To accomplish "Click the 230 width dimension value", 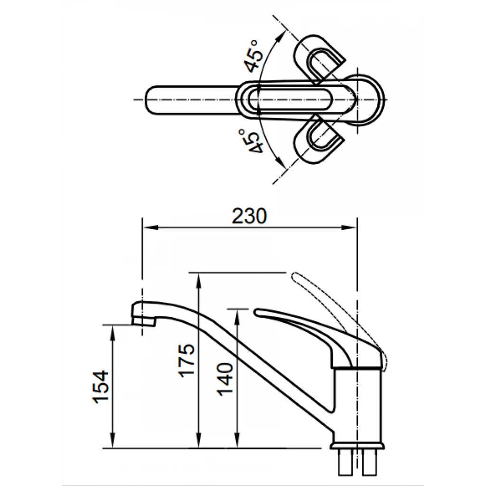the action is (249, 216).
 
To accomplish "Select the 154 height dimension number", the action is (101, 386).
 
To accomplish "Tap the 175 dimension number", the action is (187, 361).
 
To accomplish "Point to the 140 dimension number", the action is (224, 379).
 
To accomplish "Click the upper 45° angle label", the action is (253, 56).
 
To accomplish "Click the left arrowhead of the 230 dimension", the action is (150, 227).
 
